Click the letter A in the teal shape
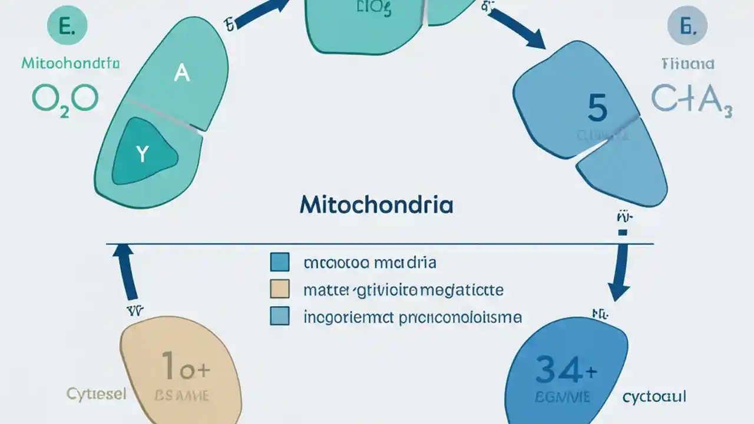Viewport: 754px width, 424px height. (182, 74)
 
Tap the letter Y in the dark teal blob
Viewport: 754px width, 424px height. (142, 154)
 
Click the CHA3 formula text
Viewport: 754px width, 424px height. (692, 98)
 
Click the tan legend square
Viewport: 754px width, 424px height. (279, 289)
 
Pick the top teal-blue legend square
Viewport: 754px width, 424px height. (279, 262)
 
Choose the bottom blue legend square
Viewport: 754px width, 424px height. (279, 316)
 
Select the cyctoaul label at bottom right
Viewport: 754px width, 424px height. (654, 397)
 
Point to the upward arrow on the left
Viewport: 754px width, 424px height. (125, 270)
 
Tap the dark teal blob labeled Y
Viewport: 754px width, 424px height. (144, 151)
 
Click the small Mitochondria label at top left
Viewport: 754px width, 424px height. (71, 63)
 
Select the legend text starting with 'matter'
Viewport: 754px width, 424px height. (403, 290)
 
